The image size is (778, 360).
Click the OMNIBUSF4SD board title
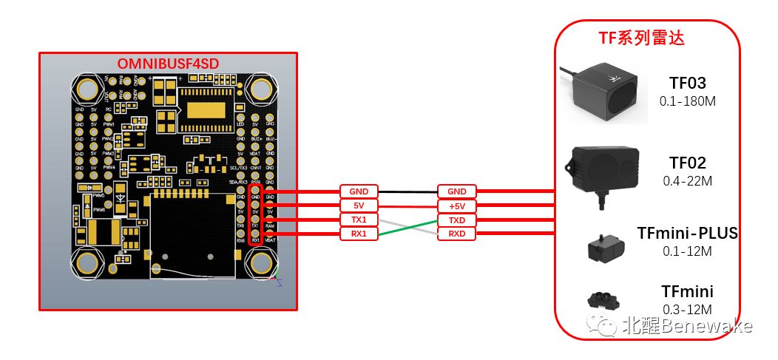pos(167,62)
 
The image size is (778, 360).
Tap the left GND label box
pos(359,191)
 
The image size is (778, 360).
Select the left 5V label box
pos(359,205)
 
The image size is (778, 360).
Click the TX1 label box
pos(359,220)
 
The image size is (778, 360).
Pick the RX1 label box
pos(359,234)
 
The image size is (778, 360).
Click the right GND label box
pos(457,191)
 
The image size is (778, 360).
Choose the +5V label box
pos(457,205)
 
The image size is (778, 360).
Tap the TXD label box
pos(457,220)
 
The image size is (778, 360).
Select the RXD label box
pos(457,234)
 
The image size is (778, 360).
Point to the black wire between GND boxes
pos(408,191)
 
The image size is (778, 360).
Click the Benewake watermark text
pos(688,325)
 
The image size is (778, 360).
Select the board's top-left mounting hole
pos(87,90)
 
